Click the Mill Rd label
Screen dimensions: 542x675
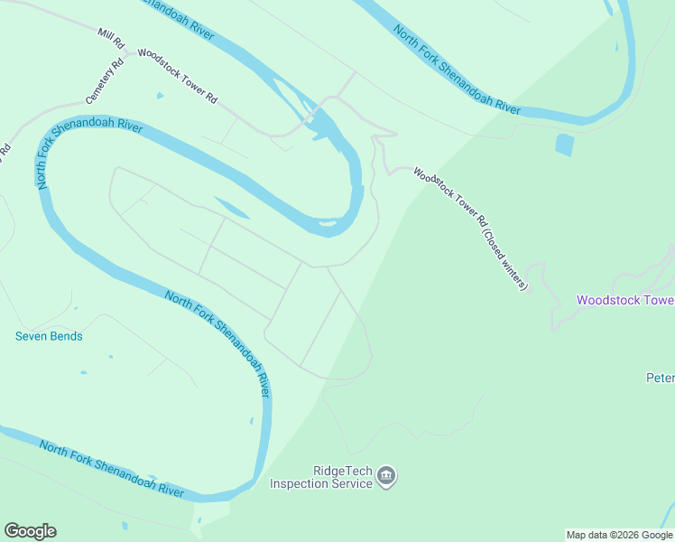click(111, 38)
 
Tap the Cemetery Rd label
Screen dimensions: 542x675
click(104, 81)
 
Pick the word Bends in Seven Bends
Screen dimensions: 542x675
click(67, 337)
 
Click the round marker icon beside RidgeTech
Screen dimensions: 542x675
click(386, 476)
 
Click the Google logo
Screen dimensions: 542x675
click(30, 531)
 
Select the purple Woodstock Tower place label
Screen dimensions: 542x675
click(625, 300)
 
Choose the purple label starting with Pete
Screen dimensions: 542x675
click(661, 378)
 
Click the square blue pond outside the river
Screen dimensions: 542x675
click(564, 145)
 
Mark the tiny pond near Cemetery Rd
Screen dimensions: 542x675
click(160, 95)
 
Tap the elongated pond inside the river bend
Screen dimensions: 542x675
click(233, 208)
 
